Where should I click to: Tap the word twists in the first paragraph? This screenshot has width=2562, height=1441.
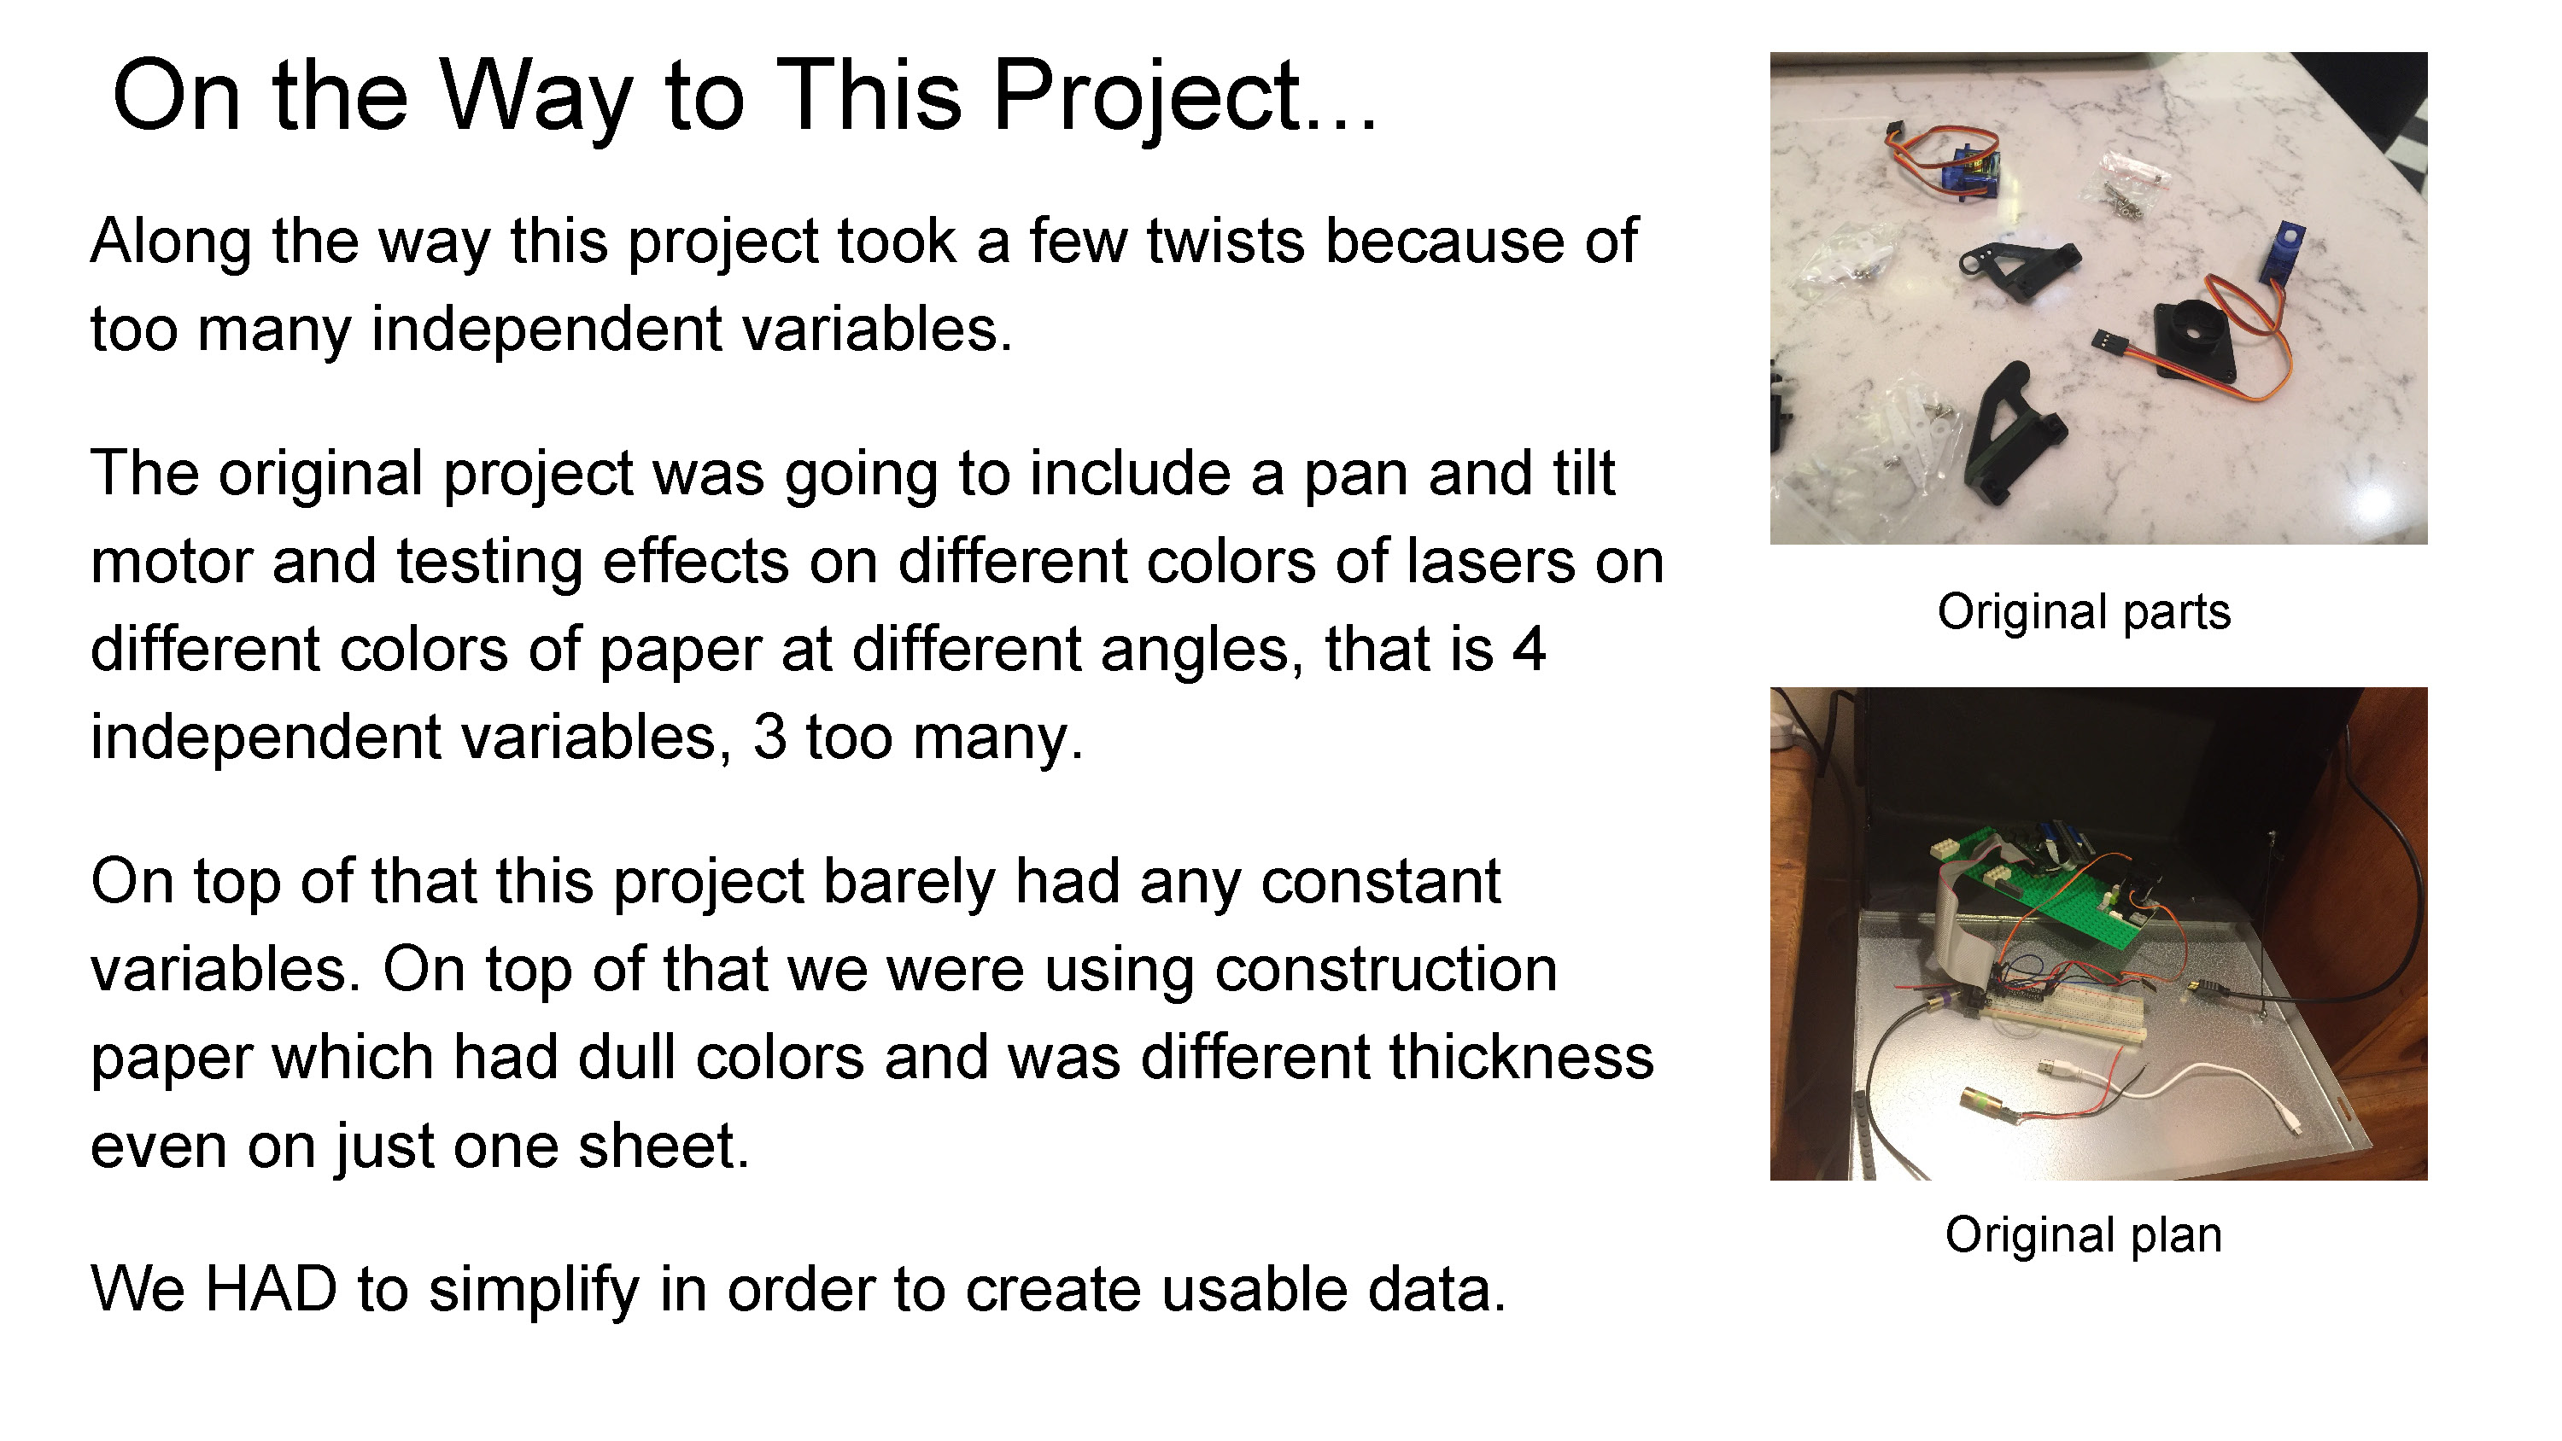(1225, 242)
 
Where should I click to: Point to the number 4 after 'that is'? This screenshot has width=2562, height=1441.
(1530, 650)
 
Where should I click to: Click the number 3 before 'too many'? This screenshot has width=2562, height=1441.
(769, 737)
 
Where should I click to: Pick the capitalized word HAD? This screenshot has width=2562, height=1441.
(271, 1290)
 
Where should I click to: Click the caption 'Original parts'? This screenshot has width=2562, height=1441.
(2084, 613)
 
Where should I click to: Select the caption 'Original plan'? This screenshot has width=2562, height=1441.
(2084, 1236)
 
